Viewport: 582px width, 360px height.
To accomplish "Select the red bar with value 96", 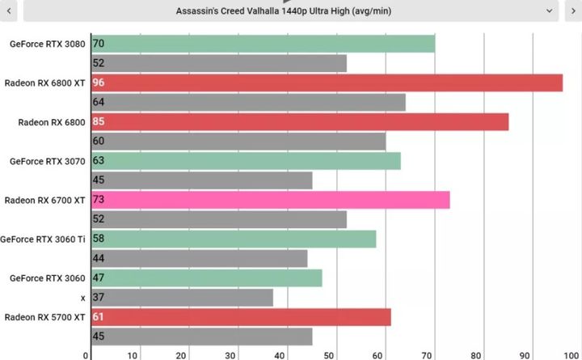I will [327, 83].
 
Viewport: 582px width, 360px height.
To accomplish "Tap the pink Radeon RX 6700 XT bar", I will [270, 200].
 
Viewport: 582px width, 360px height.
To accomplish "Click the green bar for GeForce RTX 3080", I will [263, 44].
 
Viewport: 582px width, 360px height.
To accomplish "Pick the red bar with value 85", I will [300, 121].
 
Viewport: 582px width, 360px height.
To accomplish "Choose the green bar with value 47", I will [206, 277].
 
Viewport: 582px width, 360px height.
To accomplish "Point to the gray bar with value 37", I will [182, 298].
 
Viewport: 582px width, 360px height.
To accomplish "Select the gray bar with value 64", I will [248, 102].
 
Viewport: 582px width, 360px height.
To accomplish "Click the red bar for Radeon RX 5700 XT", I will [241, 317].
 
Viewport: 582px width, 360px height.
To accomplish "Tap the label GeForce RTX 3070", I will [47, 161].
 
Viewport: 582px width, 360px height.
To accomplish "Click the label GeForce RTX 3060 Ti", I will [43, 239].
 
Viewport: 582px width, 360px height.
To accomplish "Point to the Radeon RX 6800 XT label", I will [45, 83].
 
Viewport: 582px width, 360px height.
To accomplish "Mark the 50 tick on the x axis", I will [330, 354].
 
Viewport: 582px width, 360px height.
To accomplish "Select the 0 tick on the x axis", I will [86, 354].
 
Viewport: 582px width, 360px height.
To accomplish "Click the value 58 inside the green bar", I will [99, 239].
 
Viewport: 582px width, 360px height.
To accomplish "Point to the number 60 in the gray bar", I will [99, 141].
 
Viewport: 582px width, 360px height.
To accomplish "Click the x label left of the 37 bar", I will [82, 298].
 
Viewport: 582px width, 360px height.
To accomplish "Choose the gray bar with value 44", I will [199, 258].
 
